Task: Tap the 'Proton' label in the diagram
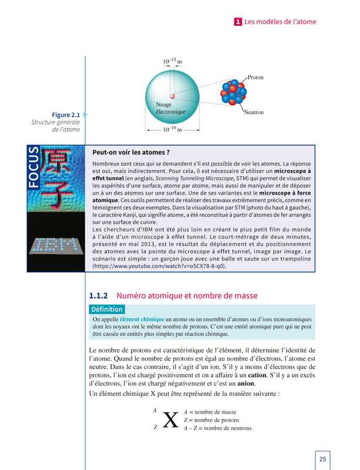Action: [255, 77]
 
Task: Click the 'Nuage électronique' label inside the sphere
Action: [170, 108]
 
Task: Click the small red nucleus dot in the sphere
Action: [172, 95]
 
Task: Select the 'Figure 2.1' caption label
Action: [66, 115]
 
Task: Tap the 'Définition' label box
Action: [106, 310]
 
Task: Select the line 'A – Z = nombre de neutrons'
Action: [217, 428]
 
